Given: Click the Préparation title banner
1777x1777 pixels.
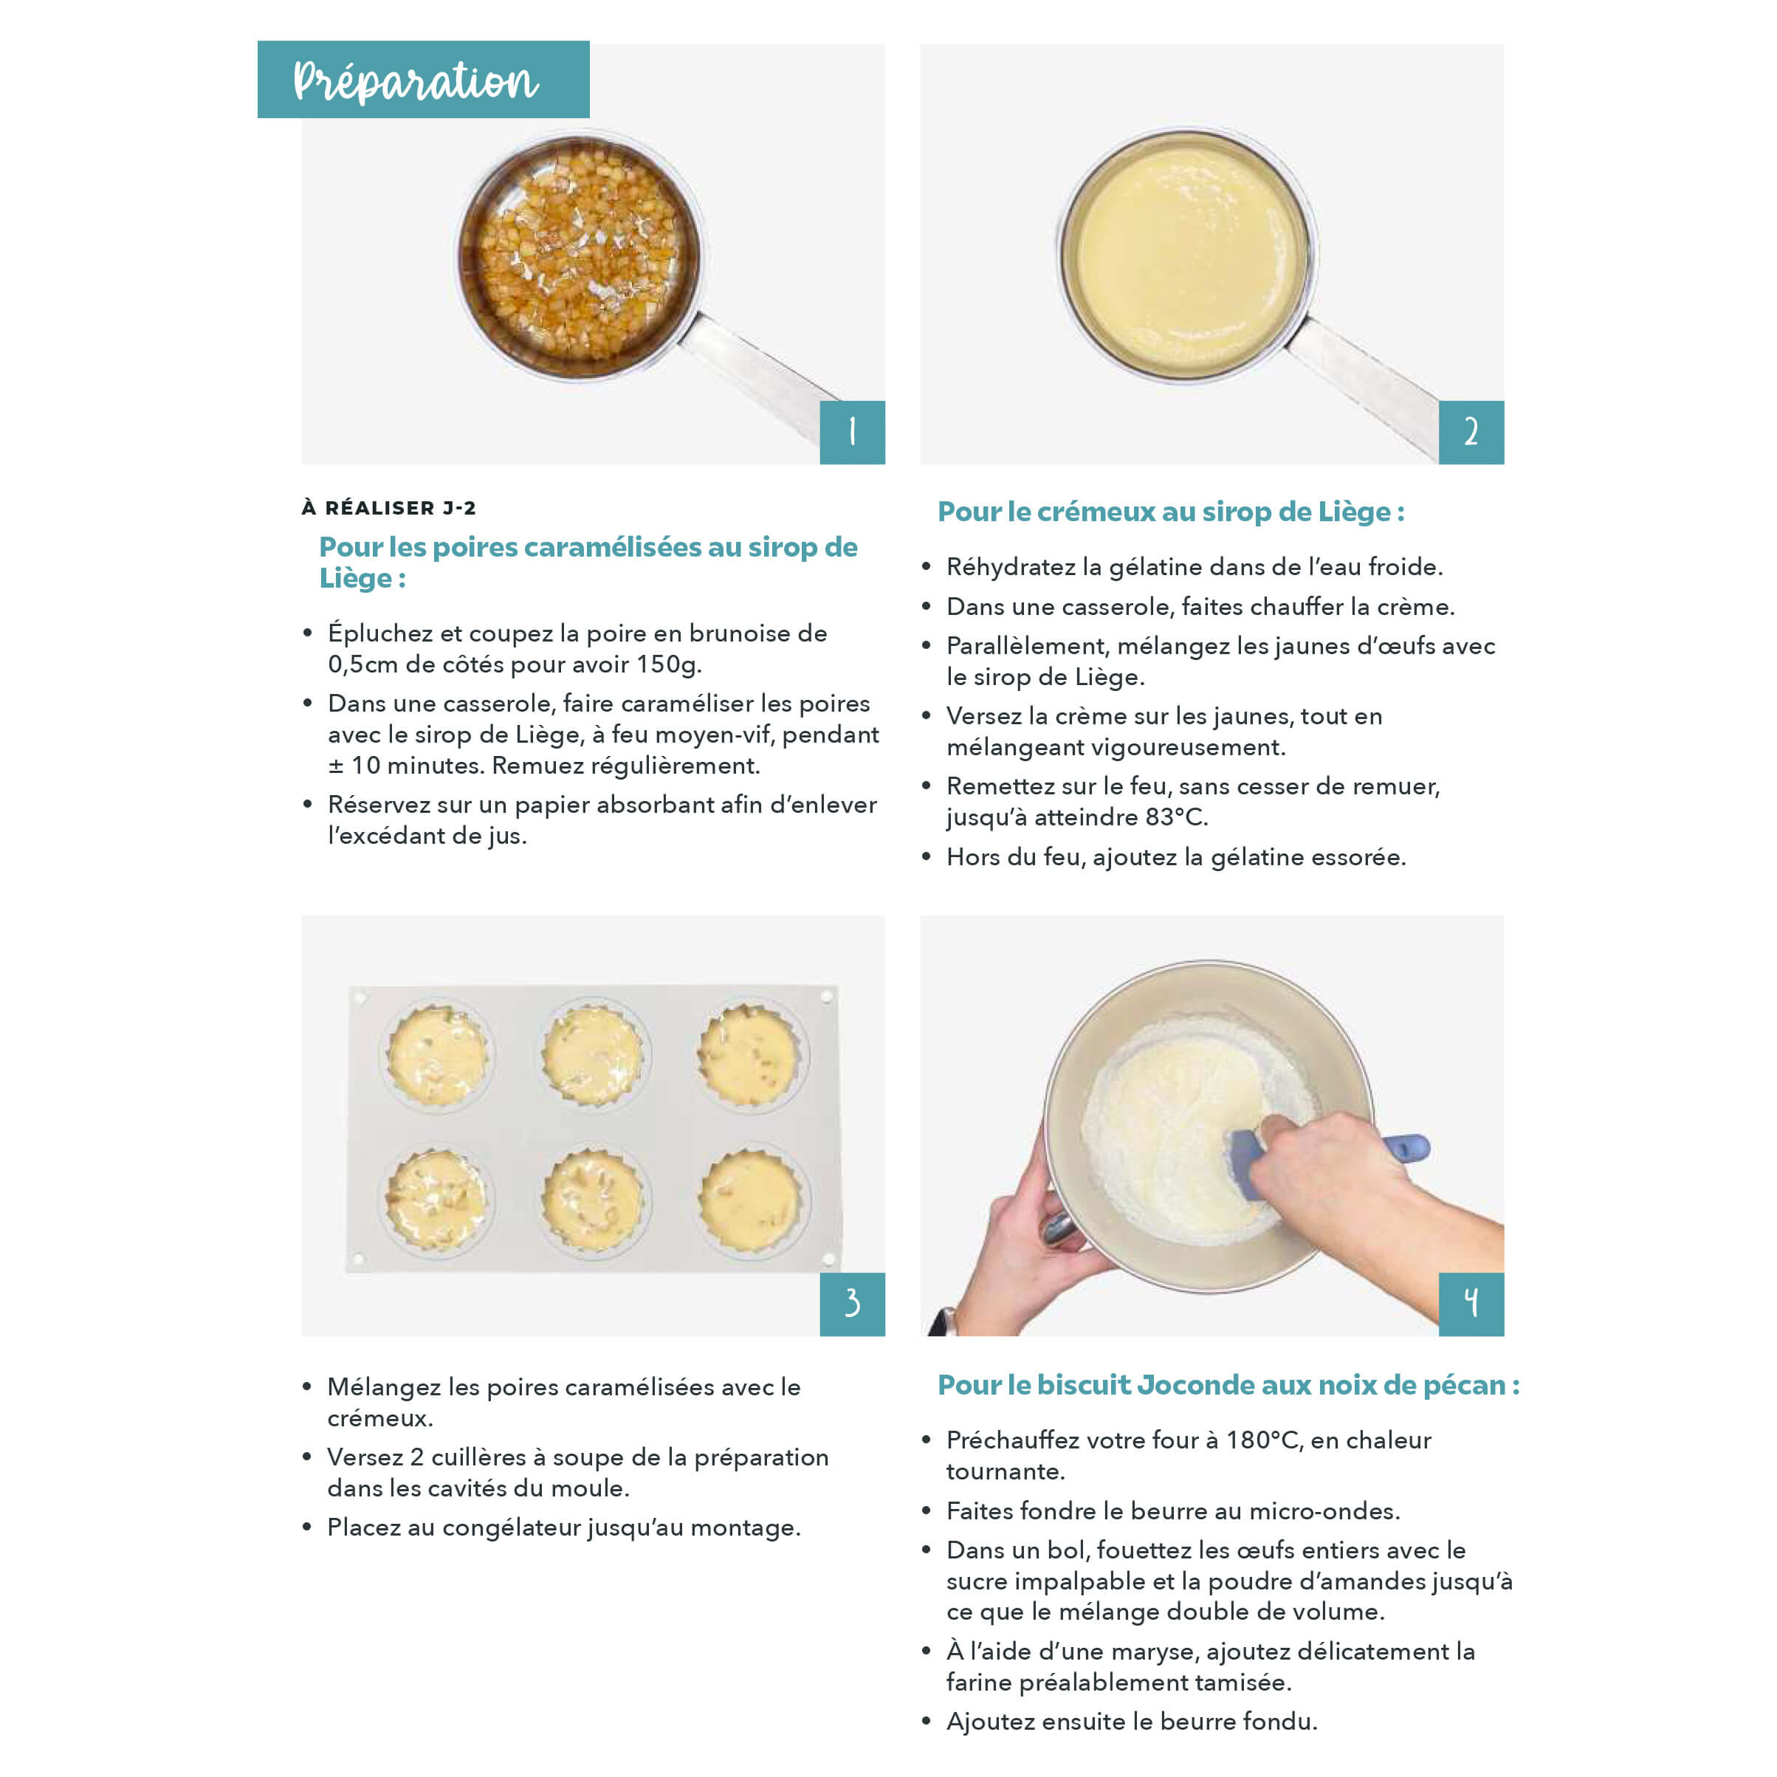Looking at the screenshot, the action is (x=423, y=79).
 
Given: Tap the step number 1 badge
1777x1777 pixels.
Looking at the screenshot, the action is (x=852, y=433).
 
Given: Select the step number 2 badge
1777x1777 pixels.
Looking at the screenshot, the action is (x=1471, y=433).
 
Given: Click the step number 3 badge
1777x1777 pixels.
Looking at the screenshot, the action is (x=852, y=1305).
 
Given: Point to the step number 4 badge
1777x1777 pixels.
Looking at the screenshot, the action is (x=1471, y=1305).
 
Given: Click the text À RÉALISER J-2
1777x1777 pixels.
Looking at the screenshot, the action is (x=389, y=508).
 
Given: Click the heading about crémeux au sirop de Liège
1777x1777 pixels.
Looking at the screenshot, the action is (x=1171, y=512).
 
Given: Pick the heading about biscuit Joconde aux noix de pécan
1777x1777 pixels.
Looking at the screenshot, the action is (x=1228, y=1384).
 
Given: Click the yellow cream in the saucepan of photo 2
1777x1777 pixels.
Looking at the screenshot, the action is (x=1186, y=253).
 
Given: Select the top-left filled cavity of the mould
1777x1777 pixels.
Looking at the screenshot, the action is (x=438, y=1054).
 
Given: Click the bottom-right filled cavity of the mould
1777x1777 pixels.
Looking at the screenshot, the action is (x=751, y=1200).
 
